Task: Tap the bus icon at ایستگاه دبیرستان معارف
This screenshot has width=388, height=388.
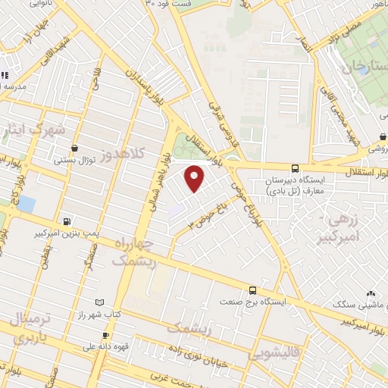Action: coord(295,168)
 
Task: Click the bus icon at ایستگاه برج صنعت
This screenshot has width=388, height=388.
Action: coord(252,289)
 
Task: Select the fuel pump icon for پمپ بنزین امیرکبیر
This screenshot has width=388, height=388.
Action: coord(69,222)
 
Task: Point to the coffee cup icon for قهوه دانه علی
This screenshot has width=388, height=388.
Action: coord(106,336)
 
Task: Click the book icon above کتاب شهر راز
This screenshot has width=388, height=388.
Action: coord(92,301)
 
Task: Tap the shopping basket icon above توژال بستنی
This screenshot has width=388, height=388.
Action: coord(74,149)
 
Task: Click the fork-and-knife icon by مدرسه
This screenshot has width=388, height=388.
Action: coord(4,75)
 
